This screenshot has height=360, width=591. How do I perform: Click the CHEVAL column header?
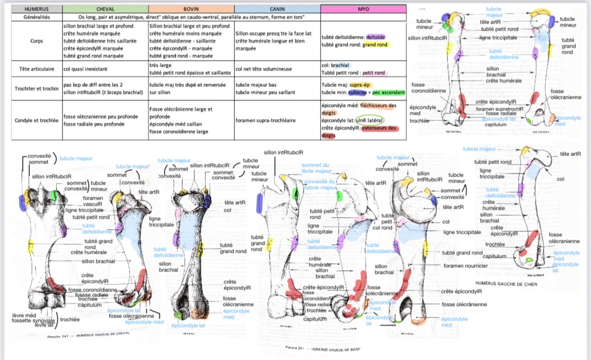[105, 9]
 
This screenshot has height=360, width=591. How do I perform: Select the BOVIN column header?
[191, 9]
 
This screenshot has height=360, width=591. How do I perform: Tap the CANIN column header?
[277, 9]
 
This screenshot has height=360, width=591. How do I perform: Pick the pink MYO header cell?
[363, 9]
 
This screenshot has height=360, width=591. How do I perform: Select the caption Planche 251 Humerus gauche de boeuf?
[323, 349]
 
